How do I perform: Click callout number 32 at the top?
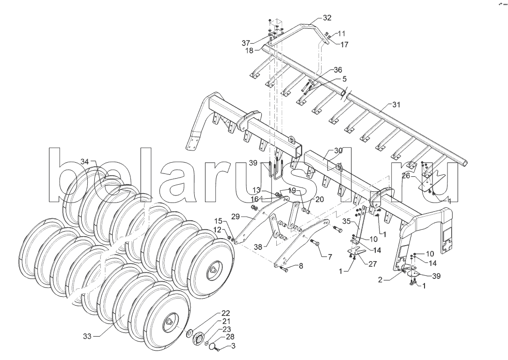pyautogui.click(x=327, y=18)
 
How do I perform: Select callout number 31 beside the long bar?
pyautogui.click(x=396, y=105)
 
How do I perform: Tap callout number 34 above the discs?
pyautogui.click(x=84, y=162)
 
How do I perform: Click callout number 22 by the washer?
pyautogui.click(x=226, y=313)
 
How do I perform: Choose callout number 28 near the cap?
pyautogui.click(x=230, y=337)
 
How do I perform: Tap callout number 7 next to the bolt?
pyautogui.click(x=330, y=257)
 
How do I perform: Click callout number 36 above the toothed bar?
pyautogui.click(x=338, y=70)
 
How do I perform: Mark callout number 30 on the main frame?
pyautogui.click(x=339, y=150)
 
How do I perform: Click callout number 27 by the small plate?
pyautogui.click(x=372, y=264)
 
